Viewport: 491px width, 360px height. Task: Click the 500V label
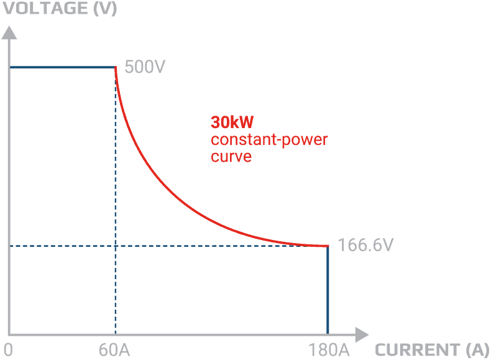click(x=144, y=67)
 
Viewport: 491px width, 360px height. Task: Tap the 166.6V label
click(x=365, y=246)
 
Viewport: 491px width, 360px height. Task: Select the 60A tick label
click(x=114, y=349)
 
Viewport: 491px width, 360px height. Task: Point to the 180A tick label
click(x=327, y=349)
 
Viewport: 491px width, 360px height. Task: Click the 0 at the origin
click(x=7, y=349)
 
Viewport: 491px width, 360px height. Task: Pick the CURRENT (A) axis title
click(x=432, y=349)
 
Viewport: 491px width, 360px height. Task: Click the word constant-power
click(x=269, y=139)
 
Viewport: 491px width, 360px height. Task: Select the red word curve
click(x=231, y=156)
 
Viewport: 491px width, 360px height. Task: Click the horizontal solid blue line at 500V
click(x=62, y=67)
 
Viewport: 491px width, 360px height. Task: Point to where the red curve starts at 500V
click(x=116, y=68)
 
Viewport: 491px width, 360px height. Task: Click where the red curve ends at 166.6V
click(x=327, y=246)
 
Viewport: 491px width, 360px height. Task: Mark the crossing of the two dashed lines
click(x=116, y=246)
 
